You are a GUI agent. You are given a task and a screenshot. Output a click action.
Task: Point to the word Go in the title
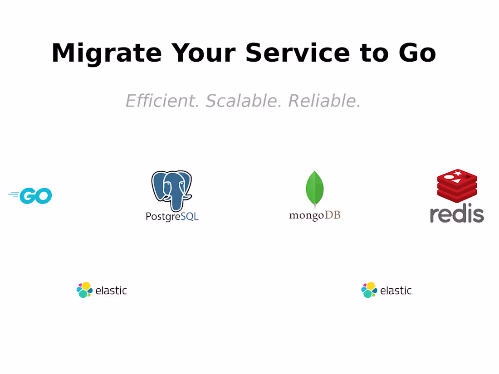417,53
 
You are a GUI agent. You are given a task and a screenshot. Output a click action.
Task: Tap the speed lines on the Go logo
13,195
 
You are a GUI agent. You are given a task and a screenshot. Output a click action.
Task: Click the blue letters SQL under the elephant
190,216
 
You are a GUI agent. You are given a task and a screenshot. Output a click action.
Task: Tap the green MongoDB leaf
314,188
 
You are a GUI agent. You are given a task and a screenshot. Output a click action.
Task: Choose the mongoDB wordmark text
314,215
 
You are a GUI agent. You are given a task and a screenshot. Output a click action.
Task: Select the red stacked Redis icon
457,186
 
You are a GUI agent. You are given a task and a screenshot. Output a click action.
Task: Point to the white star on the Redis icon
458,173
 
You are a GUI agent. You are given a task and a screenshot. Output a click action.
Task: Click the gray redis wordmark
457,213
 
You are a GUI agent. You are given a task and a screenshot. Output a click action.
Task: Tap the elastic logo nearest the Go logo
102,290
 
